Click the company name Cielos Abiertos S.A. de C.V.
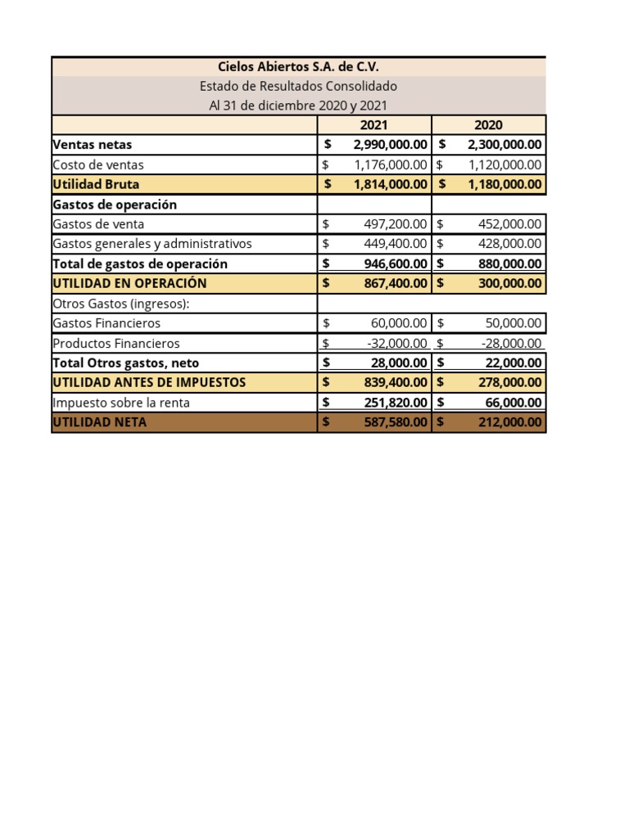pos(298,67)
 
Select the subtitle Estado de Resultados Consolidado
pos(298,86)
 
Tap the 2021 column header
pos(373,125)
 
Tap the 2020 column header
pos(488,125)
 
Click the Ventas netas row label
pos(92,145)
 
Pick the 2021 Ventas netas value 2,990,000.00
pos(390,145)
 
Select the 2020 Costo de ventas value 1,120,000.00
pos(505,164)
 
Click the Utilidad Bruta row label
pos(88,184)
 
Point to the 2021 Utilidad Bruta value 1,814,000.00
pos(390,184)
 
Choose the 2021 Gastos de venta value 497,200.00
pos(395,224)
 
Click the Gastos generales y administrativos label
pos(152,244)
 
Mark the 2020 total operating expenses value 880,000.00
pos(509,264)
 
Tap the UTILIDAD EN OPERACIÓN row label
pos(129,283)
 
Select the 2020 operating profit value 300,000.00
pos(509,283)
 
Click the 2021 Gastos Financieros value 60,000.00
pos(399,323)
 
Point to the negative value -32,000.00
pos(397,344)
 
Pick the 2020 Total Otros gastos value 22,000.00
pos(514,363)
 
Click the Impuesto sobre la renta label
pos(121,403)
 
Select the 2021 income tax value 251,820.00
pos(395,403)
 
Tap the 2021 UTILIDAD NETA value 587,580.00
pos(395,422)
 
